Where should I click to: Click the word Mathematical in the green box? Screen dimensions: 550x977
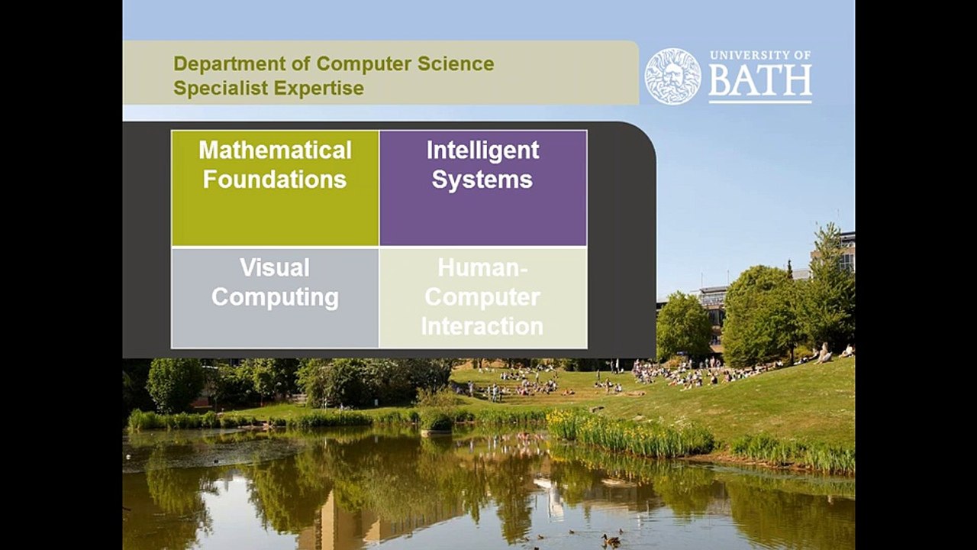click(x=275, y=150)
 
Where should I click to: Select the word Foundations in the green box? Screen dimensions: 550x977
click(x=275, y=180)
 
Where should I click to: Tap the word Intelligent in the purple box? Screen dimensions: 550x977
click(x=482, y=150)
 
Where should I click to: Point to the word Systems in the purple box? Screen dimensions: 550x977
click(x=482, y=180)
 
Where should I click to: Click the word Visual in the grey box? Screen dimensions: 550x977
click(x=275, y=267)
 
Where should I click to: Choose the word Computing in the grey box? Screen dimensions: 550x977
click(x=275, y=296)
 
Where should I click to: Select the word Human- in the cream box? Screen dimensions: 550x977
click(x=482, y=267)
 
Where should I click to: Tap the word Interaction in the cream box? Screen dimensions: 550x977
click(x=482, y=326)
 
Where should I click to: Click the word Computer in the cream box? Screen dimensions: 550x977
click(x=482, y=296)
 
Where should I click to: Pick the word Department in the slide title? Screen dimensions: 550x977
click(x=221, y=63)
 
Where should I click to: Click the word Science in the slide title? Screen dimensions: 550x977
click(x=456, y=63)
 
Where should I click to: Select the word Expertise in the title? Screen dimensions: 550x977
click(x=319, y=88)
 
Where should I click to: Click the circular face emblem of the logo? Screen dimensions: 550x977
click(x=672, y=76)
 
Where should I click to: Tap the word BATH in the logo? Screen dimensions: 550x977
click(x=760, y=82)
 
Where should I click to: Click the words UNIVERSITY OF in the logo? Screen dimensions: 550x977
click(x=760, y=56)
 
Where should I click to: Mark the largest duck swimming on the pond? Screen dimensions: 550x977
click(x=611, y=539)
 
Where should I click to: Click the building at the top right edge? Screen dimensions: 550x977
click(x=846, y=252)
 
